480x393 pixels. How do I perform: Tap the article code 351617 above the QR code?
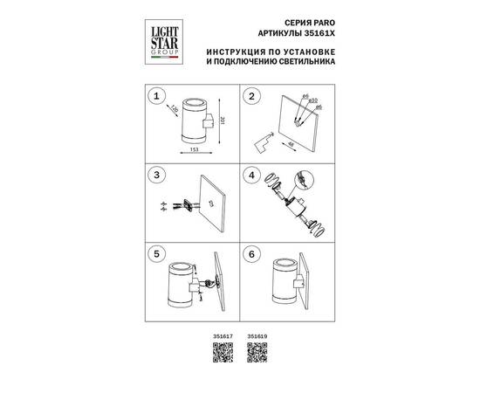pos(223,335)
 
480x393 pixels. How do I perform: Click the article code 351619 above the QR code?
pos(256,335)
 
